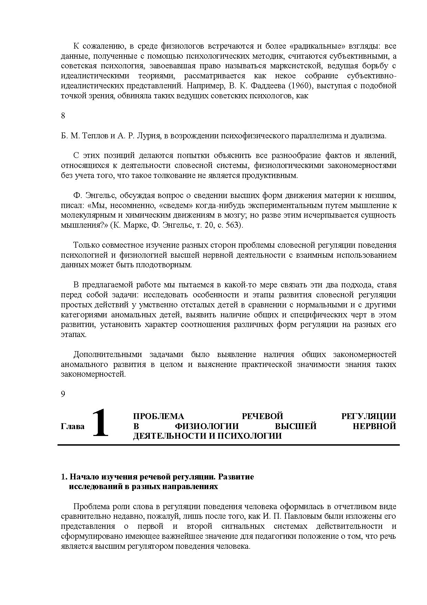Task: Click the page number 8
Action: (x=63, y=116)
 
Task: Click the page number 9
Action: (x=63, y=394)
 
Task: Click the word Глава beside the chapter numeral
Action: (x=73, y=426)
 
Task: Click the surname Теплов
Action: (x=95, y=136)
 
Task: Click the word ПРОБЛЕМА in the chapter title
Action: (x=159, y=416)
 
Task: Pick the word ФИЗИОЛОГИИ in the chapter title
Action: (x=206, y=426)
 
